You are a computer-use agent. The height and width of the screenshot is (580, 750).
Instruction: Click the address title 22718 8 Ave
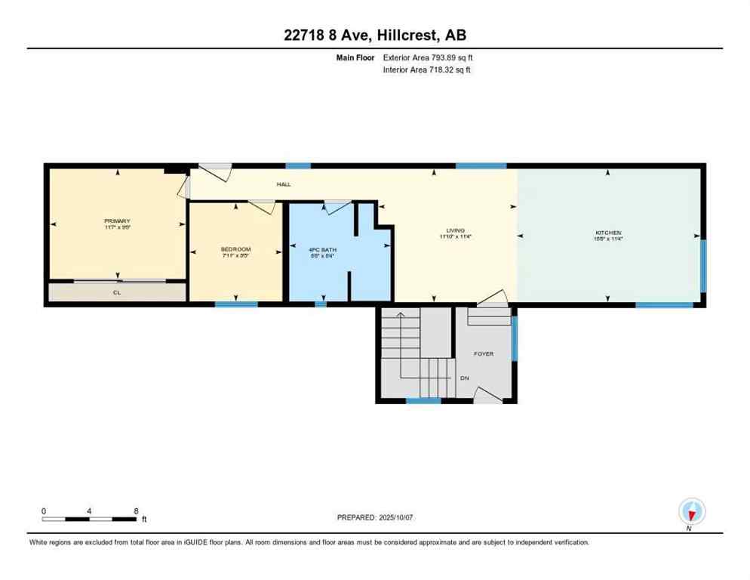point(374,35)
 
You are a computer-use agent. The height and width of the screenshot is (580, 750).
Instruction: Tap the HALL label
point(284,184)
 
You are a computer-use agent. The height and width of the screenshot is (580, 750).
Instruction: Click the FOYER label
point(483,353)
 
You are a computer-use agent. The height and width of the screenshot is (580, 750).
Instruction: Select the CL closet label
point(117,292)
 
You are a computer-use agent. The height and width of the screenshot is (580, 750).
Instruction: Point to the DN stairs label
point(465,378)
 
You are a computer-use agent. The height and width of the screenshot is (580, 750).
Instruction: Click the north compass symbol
point(691,511)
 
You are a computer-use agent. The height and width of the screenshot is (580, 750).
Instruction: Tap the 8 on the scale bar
point(136,511)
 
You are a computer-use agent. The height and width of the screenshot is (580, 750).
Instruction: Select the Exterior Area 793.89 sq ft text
point(428,57)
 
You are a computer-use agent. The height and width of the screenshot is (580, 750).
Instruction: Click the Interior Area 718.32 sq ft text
point(428,70)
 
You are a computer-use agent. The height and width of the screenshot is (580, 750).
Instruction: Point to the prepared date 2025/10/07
point(375,517)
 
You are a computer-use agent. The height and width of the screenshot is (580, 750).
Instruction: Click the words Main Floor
point(355,57)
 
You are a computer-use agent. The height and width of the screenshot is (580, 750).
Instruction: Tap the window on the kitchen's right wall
point(703,265)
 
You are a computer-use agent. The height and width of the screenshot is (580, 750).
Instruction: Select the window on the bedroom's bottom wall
point(235,304)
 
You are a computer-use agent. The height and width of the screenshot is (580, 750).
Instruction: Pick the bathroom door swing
point(337,205)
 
